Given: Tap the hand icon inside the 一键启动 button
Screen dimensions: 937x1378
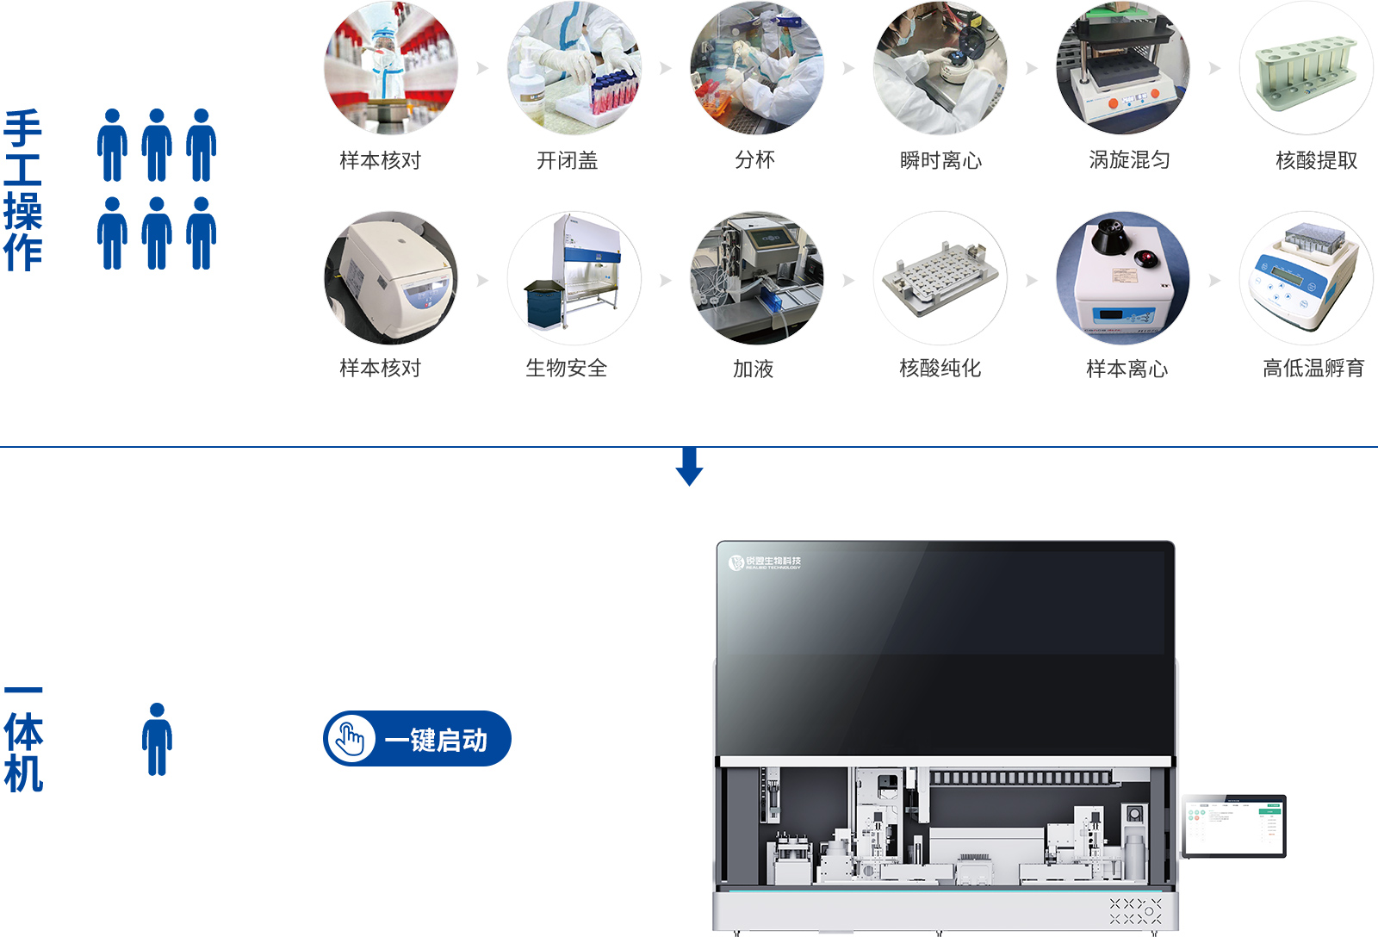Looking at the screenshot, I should (x=351, y=739).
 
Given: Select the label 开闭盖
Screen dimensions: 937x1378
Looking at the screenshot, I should (x=567, y=160).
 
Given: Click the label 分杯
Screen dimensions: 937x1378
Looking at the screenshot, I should (x=754, y=160).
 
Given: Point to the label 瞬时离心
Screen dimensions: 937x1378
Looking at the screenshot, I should (x=940, y=160).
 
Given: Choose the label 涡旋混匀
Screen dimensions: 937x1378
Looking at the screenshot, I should (x=1128, y=160).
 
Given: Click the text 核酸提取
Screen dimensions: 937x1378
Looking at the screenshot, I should (x=1315, y=160).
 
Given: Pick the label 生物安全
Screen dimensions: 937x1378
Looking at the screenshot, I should (x=567, y=369).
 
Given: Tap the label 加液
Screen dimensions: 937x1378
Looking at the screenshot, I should (x=753, y=369).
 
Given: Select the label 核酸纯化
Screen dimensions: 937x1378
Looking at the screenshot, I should (x=940, y=369).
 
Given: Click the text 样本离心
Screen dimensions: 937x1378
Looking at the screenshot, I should (x=1127, y=369).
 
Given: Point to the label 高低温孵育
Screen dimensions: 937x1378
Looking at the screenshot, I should (x=1313, y=369).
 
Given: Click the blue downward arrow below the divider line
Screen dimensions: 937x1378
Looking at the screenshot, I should (x=689, y=467).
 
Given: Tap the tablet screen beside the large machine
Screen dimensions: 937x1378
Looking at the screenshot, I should (x=1233, y=826).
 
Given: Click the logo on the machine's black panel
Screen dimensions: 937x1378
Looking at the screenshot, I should (x=765, y=562).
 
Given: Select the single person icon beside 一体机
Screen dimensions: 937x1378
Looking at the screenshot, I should (x=157, y=739).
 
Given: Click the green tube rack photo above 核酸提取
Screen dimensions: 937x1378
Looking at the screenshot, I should (x=1306, y=69).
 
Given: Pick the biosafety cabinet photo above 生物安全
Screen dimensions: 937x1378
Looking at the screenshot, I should (x=574, y=277).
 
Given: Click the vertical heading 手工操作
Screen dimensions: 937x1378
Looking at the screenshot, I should (x=23, y=190).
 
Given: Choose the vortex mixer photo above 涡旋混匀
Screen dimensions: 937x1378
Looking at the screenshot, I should (x=1122, y=69).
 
